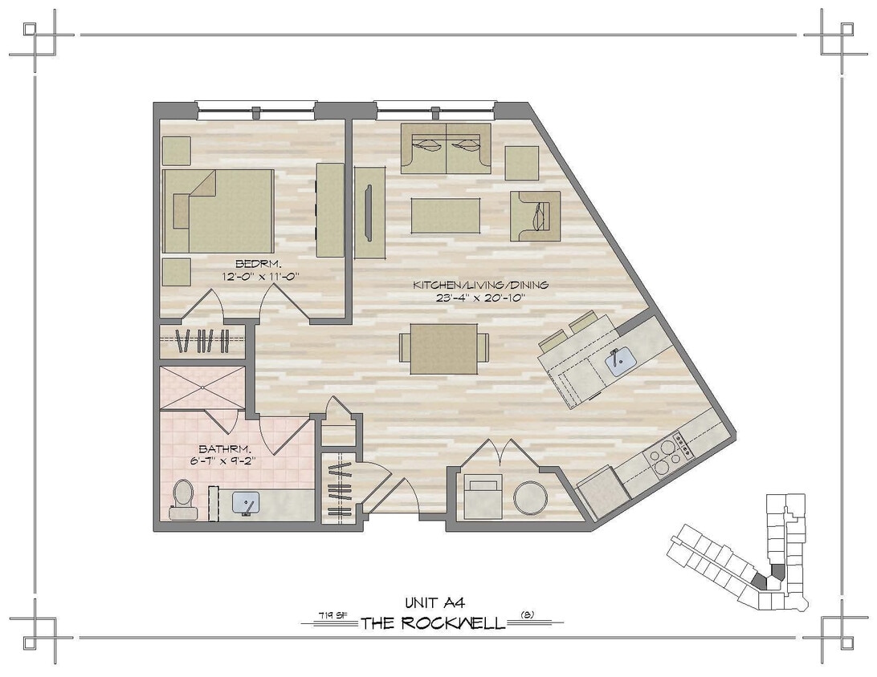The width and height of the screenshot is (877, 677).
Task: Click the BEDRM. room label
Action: coord(252,264)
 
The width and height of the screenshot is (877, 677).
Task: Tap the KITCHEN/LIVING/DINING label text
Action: coord(480,286)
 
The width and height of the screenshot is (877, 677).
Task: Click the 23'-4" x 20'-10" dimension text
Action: coord(480,298)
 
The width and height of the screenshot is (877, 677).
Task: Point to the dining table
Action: coord(444,349)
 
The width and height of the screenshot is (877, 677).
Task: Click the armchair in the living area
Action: coord(536,216)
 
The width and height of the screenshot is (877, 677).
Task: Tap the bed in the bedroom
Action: coord(218,210)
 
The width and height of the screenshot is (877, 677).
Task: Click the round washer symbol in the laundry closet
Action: coord(530,497)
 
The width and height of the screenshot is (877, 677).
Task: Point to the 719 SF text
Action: coord(326,616)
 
